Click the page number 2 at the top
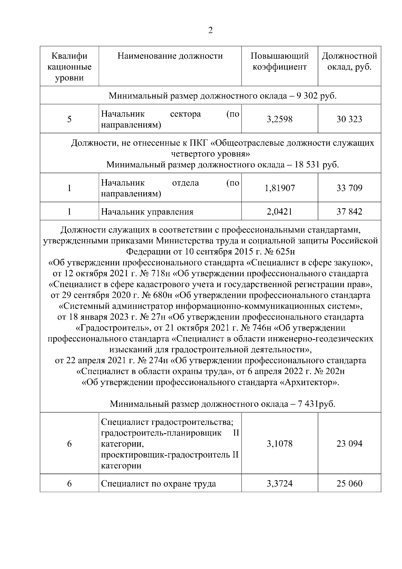point(210,31)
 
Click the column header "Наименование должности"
point(170,56)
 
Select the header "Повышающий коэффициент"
point(280,61)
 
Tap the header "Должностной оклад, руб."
point(349,61)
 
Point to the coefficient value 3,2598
point(280,119)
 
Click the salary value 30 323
point(349,119)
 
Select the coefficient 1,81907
point(280,188)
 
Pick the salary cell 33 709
point(349,188)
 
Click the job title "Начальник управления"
point(147,212)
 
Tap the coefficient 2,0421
point(280,212)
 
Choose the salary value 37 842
point(349,212)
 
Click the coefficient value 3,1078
point(280,444)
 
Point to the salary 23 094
point(349,444)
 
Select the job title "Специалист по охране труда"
point(158,484)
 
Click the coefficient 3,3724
point(280,484)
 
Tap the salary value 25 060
point(349,484)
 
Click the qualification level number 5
point(69,119)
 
